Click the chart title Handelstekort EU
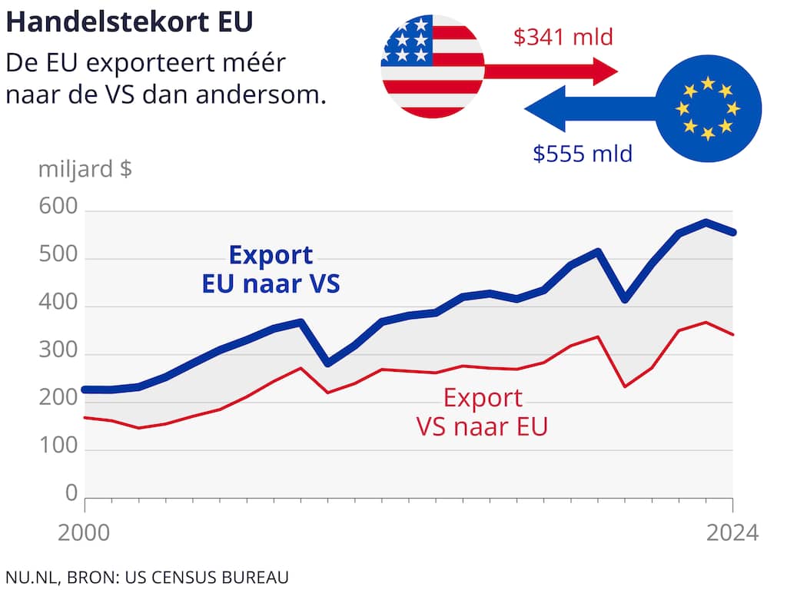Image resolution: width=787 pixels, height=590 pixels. tap(129, 22)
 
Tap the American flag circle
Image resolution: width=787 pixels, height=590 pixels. tap(433, 67)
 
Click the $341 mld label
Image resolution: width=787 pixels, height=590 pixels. tap(563, 36)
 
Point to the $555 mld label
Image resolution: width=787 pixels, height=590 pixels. tap(583, 154)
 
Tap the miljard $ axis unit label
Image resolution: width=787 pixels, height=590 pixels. tap(85, 169)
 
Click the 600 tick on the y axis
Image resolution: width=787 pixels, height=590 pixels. tap(58, 208)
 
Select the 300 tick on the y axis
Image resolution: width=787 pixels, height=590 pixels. tap(58, 353)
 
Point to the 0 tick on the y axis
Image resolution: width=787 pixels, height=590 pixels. tap(71, 492)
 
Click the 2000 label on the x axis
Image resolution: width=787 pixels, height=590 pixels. tap(83, 532)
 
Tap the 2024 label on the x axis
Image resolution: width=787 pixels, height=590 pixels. tap(732, 532)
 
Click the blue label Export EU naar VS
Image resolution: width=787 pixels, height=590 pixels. tap(271, 269)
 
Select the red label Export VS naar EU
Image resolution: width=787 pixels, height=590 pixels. tap(483, 412)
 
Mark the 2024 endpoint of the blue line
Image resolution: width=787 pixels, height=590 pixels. tap(733, 232)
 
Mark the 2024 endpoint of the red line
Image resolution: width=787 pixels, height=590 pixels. tap(733, 334)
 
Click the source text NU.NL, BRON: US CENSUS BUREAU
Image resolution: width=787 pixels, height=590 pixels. tap(147, 576)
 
